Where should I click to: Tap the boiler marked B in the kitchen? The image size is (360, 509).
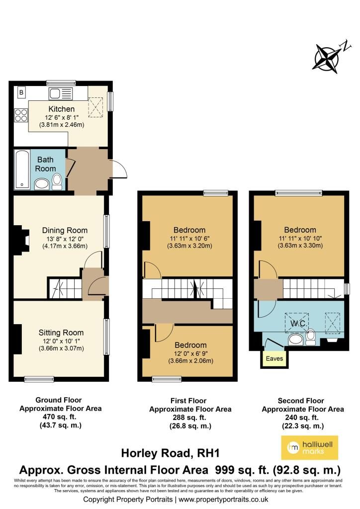click(21, 92)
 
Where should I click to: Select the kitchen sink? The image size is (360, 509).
click(60, 94)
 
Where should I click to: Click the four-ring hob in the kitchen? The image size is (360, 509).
click(21, 115)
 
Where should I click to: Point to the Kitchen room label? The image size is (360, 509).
click(61, 109)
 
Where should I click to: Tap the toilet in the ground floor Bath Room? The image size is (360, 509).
click(57, 182)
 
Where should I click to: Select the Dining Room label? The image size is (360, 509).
click(65, 231)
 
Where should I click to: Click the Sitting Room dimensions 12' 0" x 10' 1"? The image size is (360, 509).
click(61, 341)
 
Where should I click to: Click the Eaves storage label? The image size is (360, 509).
click(274, 359)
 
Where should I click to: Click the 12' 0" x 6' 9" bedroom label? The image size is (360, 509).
click(190, 353)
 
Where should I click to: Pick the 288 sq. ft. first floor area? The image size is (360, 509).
click(189, 418)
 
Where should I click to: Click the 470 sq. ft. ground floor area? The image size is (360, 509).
click(59, 417)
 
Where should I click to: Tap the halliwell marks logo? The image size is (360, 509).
click(309, 448)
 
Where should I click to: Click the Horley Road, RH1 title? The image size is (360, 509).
click(171, 453)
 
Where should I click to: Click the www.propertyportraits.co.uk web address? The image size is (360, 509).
click(223, 500)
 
